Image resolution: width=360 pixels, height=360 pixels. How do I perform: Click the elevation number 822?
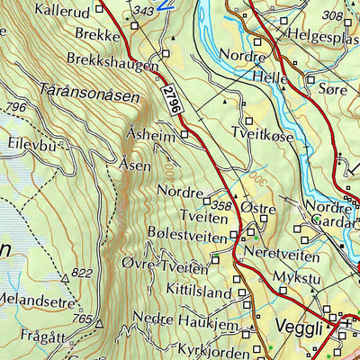coord(82,273)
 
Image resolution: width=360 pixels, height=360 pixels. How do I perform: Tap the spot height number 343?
coord(142,11)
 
